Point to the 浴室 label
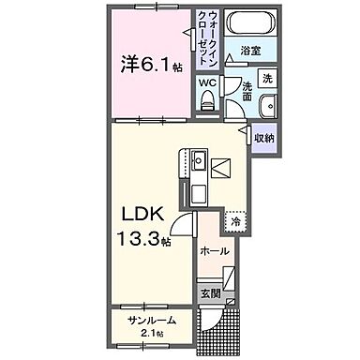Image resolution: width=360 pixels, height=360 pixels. (x=249, y=50)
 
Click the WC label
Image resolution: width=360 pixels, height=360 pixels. (x=207, y=82)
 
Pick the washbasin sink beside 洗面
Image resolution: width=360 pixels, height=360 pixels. (x=267, y=104)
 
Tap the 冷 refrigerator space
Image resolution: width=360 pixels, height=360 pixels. (x=236, y=222)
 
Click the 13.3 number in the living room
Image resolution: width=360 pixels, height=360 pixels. (x=138, y=240)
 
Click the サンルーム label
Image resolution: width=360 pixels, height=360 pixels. (x=153, y=321)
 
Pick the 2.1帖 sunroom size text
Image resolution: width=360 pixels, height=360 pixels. (x=153, y=334)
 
